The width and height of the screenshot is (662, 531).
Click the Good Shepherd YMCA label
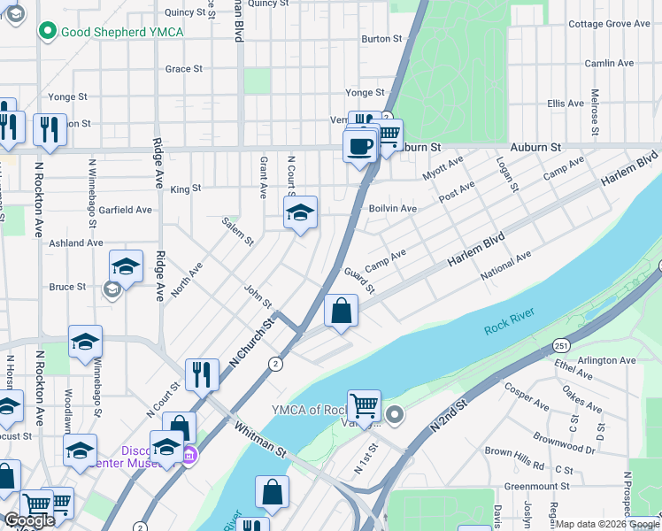coord(121,32)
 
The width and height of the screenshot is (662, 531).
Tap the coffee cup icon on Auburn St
coord(359,147)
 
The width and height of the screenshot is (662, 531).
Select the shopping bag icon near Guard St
coord(341,312)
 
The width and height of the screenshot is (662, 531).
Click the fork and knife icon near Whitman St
coord(202,375)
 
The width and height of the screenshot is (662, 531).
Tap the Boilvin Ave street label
coord(392,209)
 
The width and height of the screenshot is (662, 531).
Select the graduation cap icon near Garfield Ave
coord(300,212)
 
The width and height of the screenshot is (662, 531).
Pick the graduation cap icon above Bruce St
coord(127,266)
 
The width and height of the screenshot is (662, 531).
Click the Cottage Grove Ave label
coord(609,24)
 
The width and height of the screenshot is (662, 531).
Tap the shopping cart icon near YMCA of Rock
coord(364,406)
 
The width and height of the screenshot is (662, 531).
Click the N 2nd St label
coord(448,414)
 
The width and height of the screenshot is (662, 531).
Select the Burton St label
coord(381,39)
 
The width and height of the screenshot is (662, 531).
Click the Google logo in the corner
coord(29,520)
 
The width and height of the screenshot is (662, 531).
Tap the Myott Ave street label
coord(443,168)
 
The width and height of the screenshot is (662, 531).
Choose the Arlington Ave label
coord(606,360)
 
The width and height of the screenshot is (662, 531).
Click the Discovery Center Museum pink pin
coord(189,456)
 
